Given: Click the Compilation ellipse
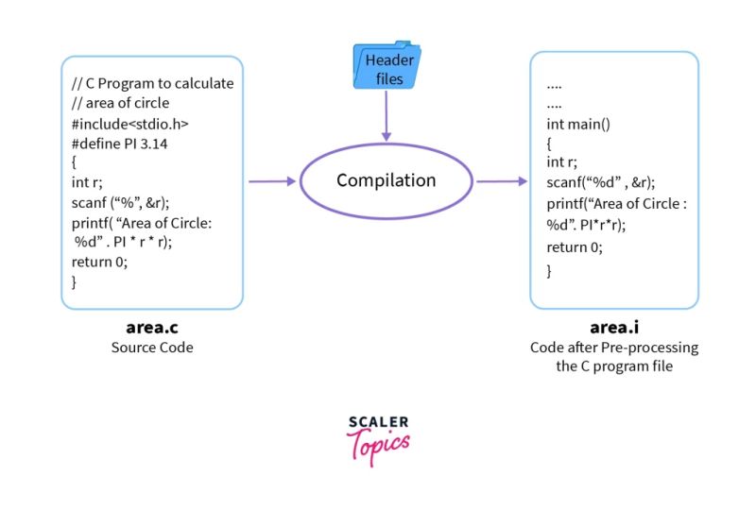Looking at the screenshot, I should pos(386,181).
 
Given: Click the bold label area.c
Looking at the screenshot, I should pos(152,328).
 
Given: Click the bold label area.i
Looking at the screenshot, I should pos(614,328).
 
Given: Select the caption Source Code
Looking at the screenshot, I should pos(152,348).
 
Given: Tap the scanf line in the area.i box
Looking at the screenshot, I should pos(600,182).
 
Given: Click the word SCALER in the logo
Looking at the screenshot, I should pos(378,423).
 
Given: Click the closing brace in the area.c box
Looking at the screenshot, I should pos(75,281).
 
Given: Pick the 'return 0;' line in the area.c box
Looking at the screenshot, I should pos(99,262).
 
